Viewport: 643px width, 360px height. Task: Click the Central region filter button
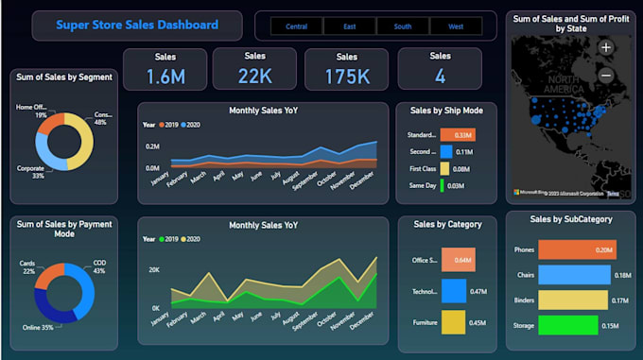click(x=296, y=26)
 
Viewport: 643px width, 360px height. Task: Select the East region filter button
click(x=349, y=26)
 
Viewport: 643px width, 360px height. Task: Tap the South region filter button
click(x=402, y=26)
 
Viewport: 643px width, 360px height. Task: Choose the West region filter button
click(x=456, y=26)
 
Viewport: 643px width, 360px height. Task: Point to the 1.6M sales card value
click(x=165, y=77)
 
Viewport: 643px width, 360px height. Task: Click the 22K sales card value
click(x=254, y=76)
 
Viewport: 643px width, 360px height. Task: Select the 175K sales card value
click(x=347, y=76)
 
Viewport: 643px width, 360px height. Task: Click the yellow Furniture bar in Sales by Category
click(x=453, y=322)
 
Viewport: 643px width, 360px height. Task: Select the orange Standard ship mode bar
click(x=458, y=135)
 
